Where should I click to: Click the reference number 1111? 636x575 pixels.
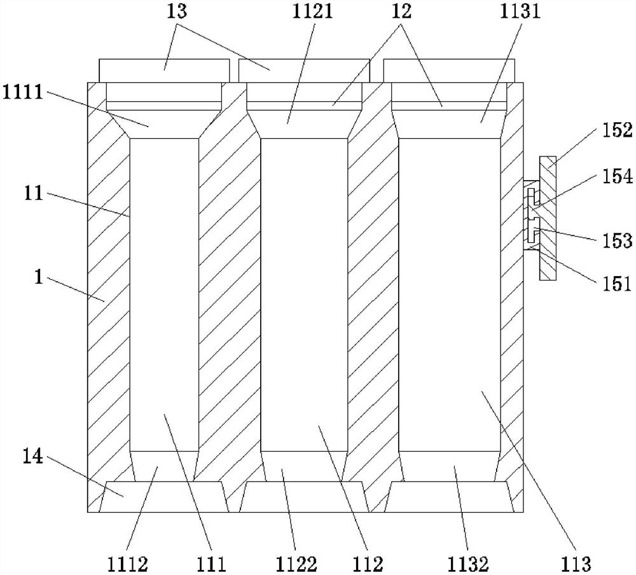point(23,93)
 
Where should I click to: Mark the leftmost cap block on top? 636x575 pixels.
point(164,70)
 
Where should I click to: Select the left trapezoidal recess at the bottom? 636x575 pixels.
point(164,496)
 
